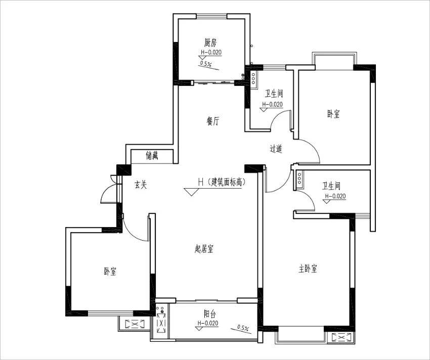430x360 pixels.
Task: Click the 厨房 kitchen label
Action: point(211,42)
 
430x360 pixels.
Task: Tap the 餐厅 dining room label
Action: point(213,121)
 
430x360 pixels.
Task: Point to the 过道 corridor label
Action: point(276,149)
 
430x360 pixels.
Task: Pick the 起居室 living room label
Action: point(204,248)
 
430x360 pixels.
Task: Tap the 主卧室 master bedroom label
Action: point(308,268)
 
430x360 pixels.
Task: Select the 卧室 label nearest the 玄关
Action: point(110,272)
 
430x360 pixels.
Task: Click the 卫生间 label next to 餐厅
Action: point(273,94)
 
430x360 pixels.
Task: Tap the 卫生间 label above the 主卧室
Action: point(331,186)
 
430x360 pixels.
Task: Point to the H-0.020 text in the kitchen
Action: point(211,53)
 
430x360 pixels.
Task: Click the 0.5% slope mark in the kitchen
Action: point(205,64)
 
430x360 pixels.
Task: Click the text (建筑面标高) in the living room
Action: point(227,182)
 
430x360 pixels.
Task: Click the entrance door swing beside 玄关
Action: point(109,193)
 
